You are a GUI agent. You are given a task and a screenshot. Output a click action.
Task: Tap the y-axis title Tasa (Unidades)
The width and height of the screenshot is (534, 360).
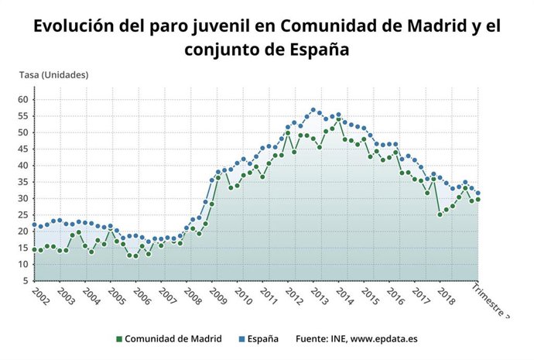[53, 75]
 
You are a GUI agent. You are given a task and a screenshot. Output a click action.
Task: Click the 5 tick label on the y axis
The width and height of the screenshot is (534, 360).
[25, 281]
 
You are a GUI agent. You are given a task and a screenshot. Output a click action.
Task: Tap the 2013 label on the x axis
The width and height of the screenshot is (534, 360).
[319, 297]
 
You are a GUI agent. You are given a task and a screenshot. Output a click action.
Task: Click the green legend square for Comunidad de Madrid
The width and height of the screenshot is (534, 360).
[119, 339]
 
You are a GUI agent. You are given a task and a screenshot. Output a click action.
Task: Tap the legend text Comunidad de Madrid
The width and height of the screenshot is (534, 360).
[173, 339]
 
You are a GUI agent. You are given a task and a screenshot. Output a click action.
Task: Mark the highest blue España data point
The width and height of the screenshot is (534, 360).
[313, 110]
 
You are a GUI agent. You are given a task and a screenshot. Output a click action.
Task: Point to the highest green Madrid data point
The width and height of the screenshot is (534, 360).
[339, 120]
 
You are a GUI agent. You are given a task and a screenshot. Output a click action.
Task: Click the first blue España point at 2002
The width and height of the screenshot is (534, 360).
[34, 225]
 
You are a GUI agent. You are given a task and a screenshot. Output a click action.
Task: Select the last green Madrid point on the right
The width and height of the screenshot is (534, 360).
[478, 199]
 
